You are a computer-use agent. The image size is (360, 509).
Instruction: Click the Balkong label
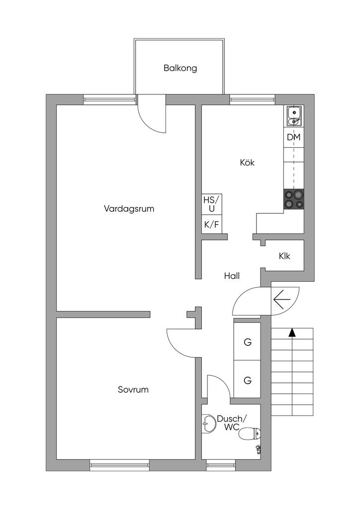click(x=180, y=68)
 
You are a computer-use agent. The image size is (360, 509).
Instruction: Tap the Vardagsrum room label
click(x=129, y=208)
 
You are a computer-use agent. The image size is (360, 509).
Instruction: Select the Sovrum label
click(x=133, y=390)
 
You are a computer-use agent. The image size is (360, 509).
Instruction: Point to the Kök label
click(x=247, y=163)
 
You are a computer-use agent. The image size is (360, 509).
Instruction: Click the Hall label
click(x=232, y=276)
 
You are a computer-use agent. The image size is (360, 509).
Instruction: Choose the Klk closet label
click(x=284, y=256)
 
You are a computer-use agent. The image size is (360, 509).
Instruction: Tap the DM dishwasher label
click(x=293, y=137)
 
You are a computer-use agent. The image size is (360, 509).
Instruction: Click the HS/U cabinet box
click(x=211, y=204)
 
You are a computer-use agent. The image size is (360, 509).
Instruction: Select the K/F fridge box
click(x=211, y=225)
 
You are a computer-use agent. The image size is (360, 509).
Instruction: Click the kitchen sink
click(x=294, y=116)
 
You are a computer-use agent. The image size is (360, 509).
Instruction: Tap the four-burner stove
click(x=293, y=200)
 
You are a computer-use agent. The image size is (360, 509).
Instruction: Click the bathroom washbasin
click(x=208, y=425)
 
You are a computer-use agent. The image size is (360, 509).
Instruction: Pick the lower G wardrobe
click(x=247, y=381)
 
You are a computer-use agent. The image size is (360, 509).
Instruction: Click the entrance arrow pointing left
click(x=282, y=300)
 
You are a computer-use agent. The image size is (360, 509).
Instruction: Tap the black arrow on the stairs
click(x=292, y=333)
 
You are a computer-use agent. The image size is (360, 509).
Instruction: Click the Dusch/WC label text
click(x=231, y=423)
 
